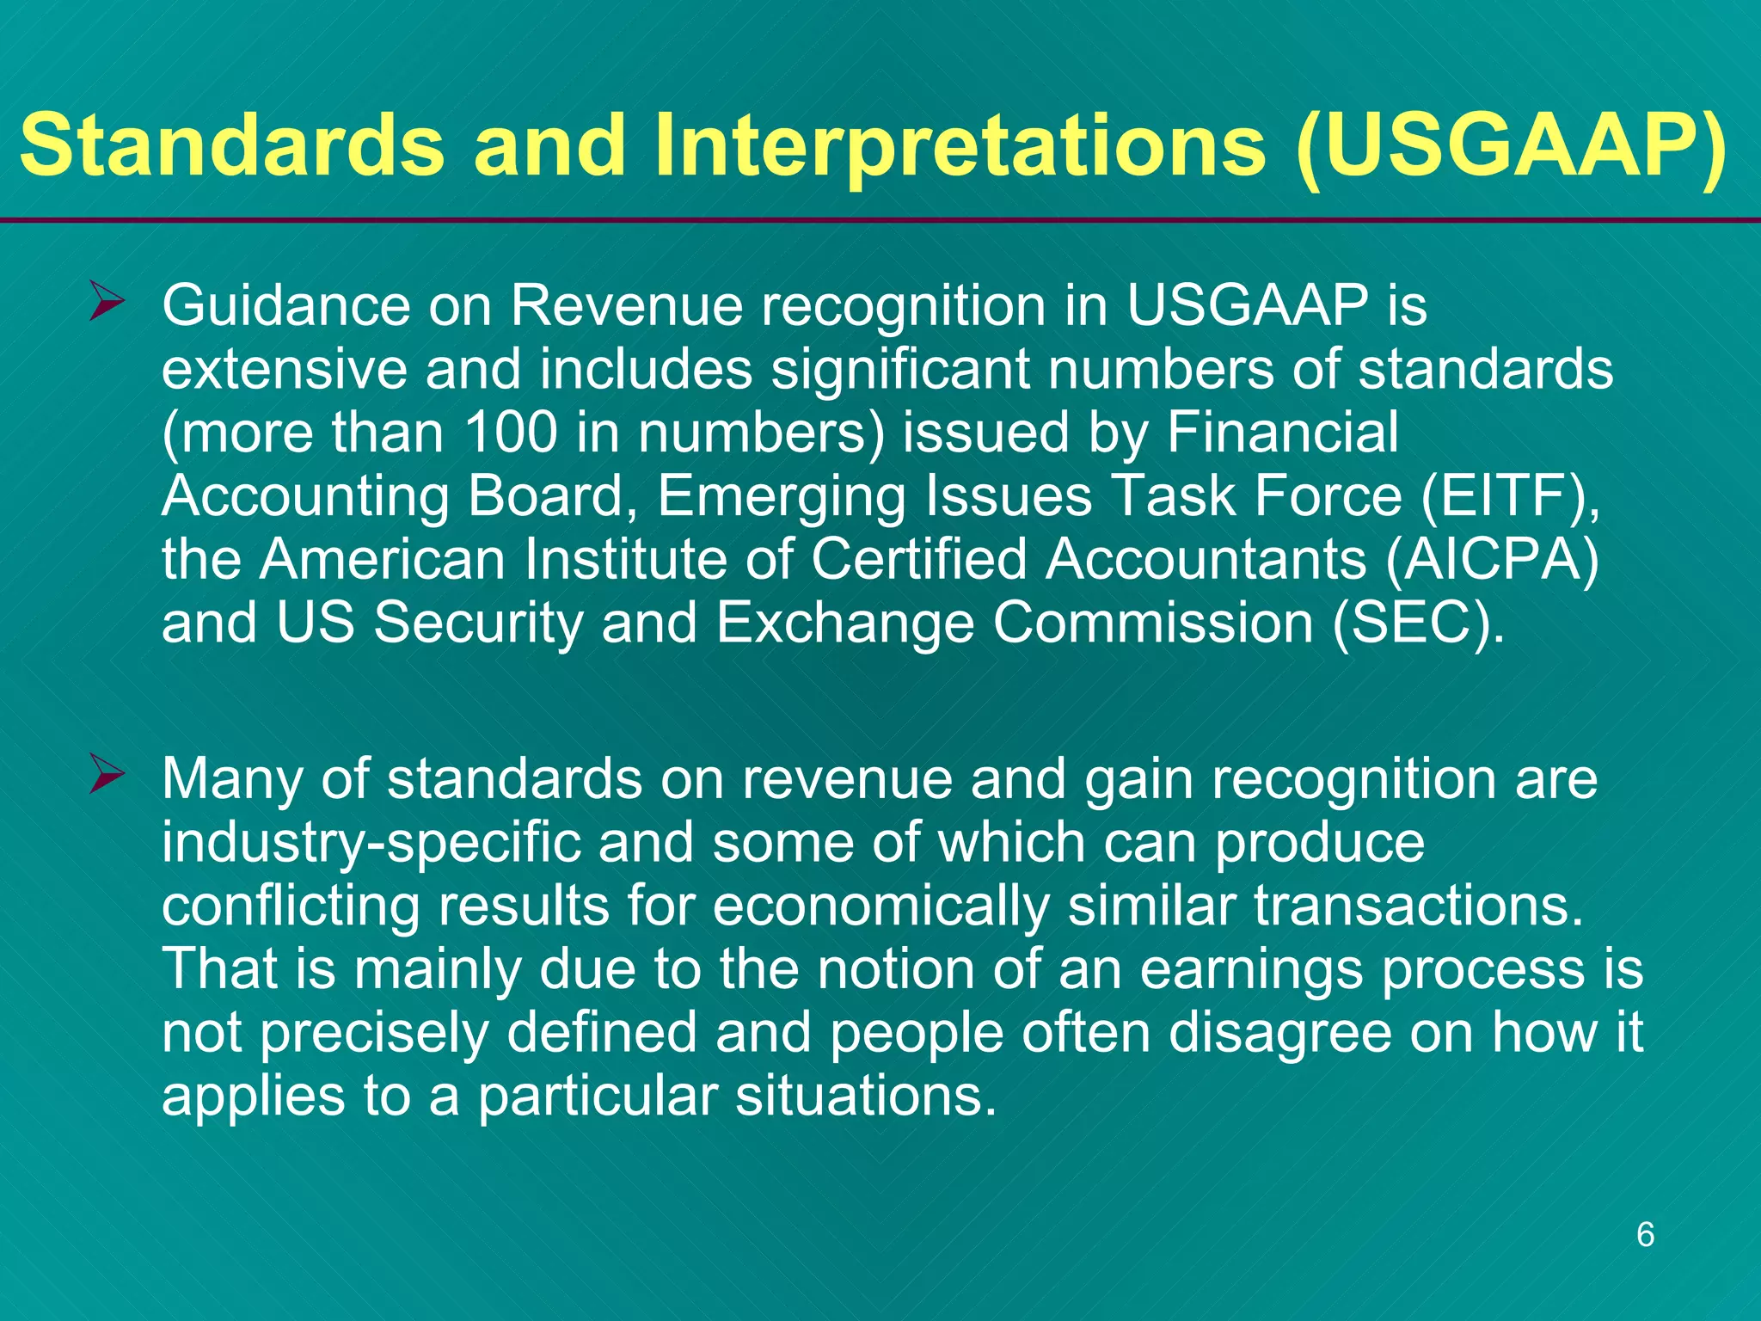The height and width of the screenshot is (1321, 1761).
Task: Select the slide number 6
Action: pos(1645,1234)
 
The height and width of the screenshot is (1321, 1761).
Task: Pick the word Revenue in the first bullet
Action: pos(627,305)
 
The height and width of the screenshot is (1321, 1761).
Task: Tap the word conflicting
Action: pos(290,906)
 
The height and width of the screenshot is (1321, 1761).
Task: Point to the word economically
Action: pos(880,906)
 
